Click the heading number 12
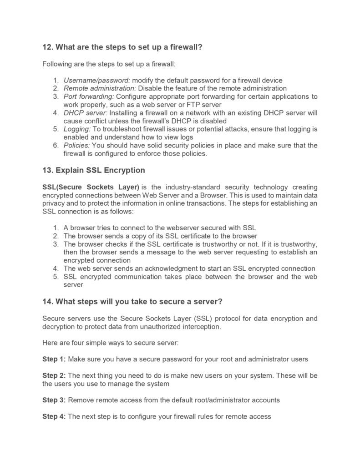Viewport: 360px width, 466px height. pyautogui.click(x=48, y=47)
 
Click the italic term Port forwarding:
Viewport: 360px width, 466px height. pyautogui.click(x=89, y=96)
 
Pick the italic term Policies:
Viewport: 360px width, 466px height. pyautogui.click(x=76, y=146)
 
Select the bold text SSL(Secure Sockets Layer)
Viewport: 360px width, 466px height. pyautogui.click(x=84, y=187)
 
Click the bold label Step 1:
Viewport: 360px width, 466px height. pyautogui.click(x=54, y=359)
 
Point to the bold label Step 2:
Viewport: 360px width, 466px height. pyautogui.click(x=54, y=375)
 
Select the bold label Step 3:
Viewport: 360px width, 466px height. pyautogui.click(x=54, y=400)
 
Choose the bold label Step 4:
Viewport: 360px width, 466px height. pyautogui.click(x=54, y=416)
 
